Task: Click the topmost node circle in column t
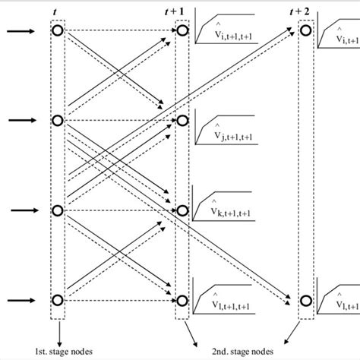(58, 31)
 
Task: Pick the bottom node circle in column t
(58, 300)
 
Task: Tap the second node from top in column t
(58, 120)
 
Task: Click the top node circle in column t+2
(305, 31)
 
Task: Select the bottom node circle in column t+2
(305, 300)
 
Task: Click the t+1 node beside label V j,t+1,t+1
(182, 120)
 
